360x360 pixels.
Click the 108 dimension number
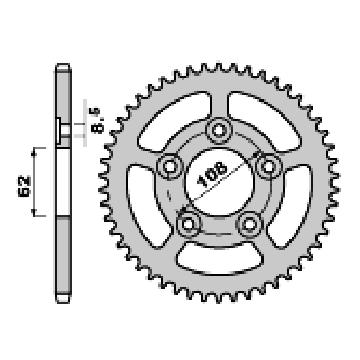click(x=212, y=174)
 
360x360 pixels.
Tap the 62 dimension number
click(x=24, y=186)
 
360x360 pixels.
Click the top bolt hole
click(x=219, y=131)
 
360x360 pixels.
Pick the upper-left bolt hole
click(x=170, y=166)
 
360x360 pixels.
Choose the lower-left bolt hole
click(x=188, y=225)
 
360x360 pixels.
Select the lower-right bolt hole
click(x=250, y=225)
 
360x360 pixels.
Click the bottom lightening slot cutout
click(x=220, y=258)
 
